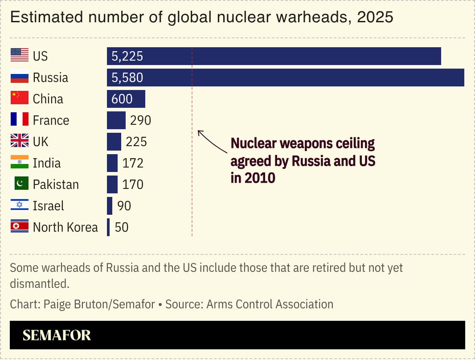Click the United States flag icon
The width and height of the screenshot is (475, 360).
click(20, 56)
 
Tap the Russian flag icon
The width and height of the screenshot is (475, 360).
click(20, 78)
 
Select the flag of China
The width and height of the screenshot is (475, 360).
click(20, 98)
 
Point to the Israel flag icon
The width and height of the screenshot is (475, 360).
click(20, 205)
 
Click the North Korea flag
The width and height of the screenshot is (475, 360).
click(20, 227)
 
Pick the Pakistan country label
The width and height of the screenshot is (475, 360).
click(56, 184)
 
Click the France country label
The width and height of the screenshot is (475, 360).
click(51, 120)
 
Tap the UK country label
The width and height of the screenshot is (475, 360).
click(41, 142)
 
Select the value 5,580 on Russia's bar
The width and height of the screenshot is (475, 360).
click(127, 78)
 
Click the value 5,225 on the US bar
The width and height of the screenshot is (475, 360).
click(127, 57)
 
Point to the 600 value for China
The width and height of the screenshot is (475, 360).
click(122, 99)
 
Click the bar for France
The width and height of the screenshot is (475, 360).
click(116, 120)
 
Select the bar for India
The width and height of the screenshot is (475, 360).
click(112, 163)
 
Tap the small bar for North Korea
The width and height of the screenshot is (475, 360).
click(108, 227)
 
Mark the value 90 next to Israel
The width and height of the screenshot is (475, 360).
click(124, 206)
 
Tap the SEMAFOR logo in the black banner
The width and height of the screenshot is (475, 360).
click(57, 335)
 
